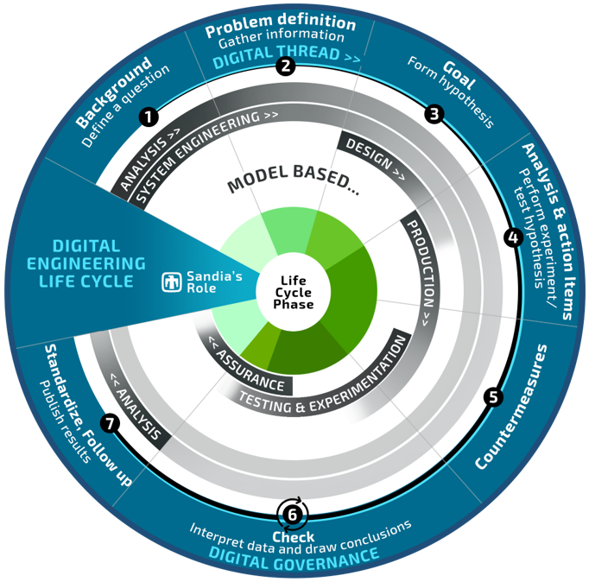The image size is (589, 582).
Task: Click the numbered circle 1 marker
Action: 150,115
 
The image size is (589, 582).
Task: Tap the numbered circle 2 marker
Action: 285,66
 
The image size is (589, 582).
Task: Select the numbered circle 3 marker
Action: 434,113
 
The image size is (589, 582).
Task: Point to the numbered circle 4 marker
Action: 513,237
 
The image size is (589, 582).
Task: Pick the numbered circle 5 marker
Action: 493,397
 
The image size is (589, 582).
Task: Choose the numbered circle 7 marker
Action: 109,423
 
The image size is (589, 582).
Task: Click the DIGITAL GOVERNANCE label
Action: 294,557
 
